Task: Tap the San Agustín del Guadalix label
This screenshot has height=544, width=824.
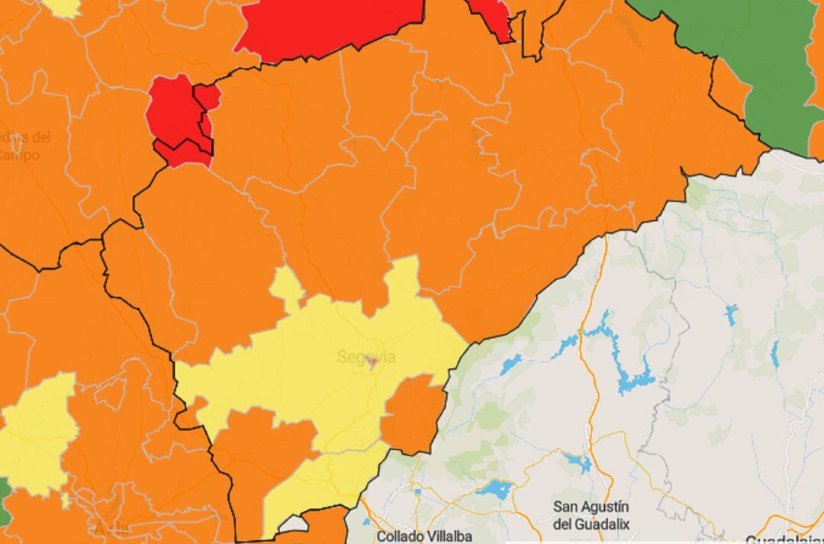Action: point(591,515)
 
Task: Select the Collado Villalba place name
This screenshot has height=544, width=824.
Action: point(423,536)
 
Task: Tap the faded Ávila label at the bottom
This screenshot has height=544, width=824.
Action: point(111,528)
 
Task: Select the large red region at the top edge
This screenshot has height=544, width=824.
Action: point(328,27)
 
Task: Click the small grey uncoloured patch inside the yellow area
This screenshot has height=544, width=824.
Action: point(292,524)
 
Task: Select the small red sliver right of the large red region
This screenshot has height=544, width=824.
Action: point(492,19)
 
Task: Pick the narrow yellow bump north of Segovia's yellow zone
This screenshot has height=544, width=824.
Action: point(288,286)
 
